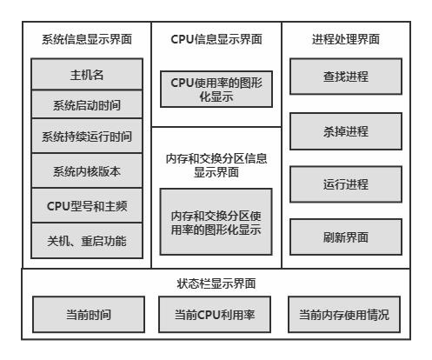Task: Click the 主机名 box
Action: [87, 74]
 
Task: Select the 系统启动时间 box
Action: [87, 104]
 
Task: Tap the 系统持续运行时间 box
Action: [87, 136]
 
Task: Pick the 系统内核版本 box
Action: [87, 170]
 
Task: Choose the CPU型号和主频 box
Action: [87, 205]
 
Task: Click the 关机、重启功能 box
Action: [87, 241]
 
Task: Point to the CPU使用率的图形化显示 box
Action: [216, 89]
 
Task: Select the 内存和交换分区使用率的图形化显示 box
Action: [216, 222]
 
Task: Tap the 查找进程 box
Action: [346, 77]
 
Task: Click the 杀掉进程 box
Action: [346, 131]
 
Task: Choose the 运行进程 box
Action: [346, 184]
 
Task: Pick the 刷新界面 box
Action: [346, 237]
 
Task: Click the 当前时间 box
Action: [89, 315]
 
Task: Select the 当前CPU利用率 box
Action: [215, 315]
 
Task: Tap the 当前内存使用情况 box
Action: [344, 315]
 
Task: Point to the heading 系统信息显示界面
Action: [87, 39]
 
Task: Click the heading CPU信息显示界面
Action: [216, 39]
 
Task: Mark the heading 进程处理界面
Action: [346, 39]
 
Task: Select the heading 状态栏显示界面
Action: [216, 283]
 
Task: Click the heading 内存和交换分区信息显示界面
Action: [216, 165]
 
